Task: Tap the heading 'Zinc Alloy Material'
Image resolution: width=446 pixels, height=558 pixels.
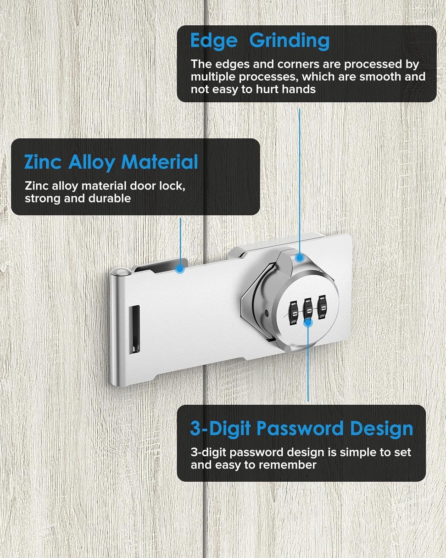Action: (111, 163)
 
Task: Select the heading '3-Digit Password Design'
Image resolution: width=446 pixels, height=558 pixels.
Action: (301, 429)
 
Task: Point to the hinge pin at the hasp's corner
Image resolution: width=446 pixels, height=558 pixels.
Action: (118, 273)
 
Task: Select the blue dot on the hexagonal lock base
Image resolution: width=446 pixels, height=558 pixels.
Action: (300, 257)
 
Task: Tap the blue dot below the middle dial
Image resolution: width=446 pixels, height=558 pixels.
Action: (308, 323)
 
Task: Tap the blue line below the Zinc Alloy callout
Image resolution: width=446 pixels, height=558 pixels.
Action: (180, 240)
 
